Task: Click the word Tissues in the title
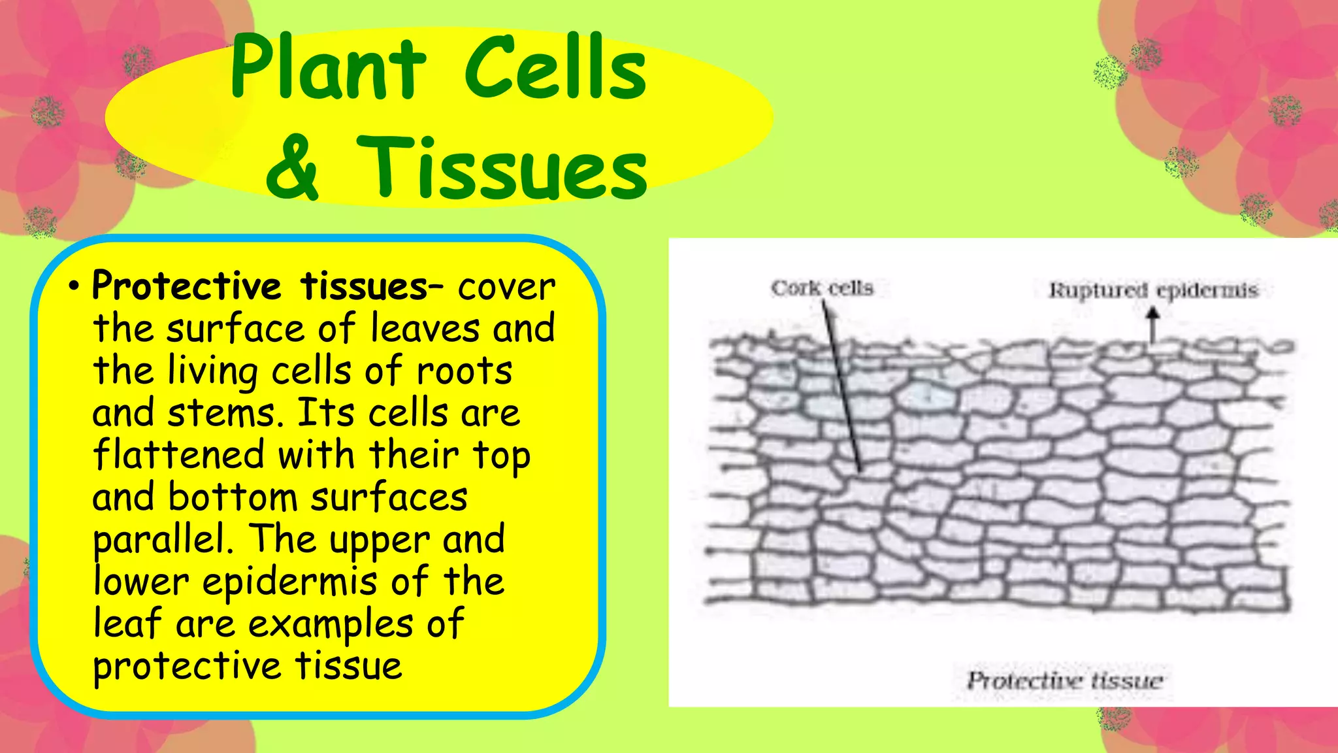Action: point(502,169)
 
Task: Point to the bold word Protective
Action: point(186,286)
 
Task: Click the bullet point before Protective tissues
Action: point(74,287)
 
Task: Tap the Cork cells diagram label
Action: point(822,288)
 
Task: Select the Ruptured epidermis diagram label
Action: point(1153,290)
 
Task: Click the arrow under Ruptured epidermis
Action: point(1153,325)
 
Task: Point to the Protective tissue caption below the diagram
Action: point(1065,681)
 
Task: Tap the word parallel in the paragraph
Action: point(163,541)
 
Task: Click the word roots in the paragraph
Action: point(465,371)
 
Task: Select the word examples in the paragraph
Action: point(331,624)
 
